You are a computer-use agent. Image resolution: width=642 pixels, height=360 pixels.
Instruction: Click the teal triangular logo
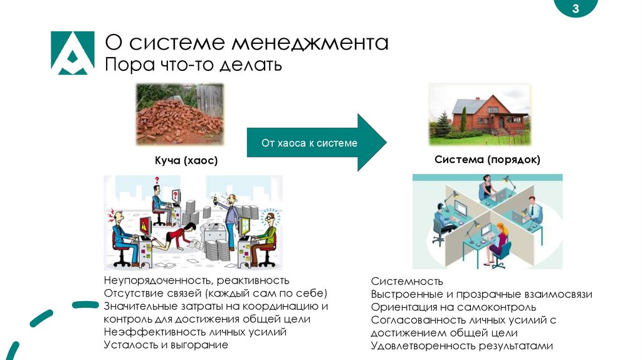tap(72, 53)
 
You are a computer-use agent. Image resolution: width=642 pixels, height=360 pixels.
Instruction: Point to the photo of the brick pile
tap(180, 115)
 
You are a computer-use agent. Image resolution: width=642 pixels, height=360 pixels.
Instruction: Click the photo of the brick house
tap(480, 115)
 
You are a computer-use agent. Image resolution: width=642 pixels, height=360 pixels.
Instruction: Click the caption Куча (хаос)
tap(186, 161)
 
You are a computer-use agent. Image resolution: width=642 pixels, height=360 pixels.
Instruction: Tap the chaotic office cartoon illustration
tap(193, 223)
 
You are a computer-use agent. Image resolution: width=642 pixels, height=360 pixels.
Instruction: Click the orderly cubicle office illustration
tap(487, 221)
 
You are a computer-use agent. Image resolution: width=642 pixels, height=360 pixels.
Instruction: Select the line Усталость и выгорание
tap(166, 344)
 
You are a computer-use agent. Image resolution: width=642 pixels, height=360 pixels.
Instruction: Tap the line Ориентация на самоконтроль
tap(453, 307)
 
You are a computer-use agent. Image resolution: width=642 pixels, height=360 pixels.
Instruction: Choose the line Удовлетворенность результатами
tap(462, 346)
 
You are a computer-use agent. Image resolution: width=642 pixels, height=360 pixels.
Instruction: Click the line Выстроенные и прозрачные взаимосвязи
tap(481, 294)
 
